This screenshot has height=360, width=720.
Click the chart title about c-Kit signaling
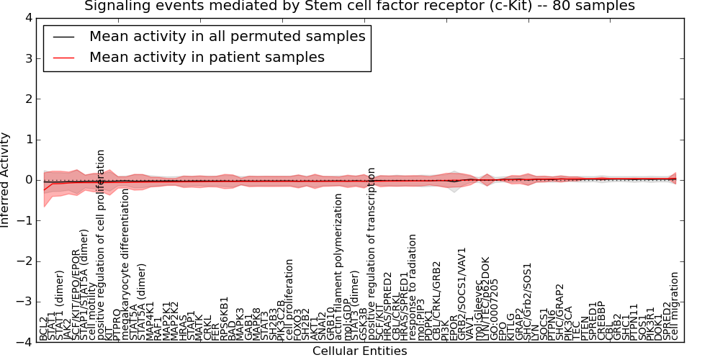[x=359, y=6]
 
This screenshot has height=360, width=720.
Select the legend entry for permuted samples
[x=227, y=36]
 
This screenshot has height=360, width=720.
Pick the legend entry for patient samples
[x=207, y=57]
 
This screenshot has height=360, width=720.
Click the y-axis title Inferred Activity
[x=6, y=180]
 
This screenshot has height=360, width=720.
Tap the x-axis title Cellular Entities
[x=359, y=351]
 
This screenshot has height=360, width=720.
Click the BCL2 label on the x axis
[x=44, y=328]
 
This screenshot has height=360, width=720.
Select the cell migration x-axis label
[x=675, y=305]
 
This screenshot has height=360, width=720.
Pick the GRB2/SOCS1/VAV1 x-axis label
[x=462, y=293]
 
